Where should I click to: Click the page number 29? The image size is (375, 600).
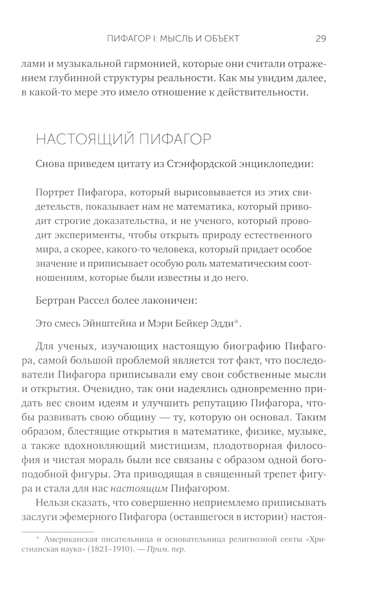(x=321, y=39)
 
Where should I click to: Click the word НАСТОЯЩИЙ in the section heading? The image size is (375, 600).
(x=84, y=139)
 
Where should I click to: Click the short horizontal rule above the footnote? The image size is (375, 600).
(x=57, y=531)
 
